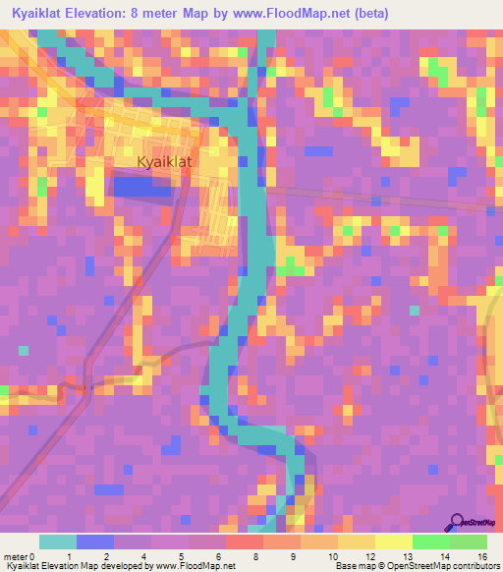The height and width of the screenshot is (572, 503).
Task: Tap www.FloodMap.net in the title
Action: [x=296, y=13]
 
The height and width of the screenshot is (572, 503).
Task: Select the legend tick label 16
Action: [x=481, y=555]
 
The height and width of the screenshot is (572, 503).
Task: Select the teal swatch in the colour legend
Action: [x=57, y=542]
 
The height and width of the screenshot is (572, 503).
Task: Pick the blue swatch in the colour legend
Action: [x=95, y=542]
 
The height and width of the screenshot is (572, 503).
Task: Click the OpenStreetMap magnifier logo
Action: [x=457, y=521]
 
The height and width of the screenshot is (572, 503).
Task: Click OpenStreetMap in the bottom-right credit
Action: [x=412, y=566]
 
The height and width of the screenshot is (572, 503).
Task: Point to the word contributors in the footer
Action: [x=472, y=566]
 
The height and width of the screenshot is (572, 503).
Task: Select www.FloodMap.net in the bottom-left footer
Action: [x=196, y=566]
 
